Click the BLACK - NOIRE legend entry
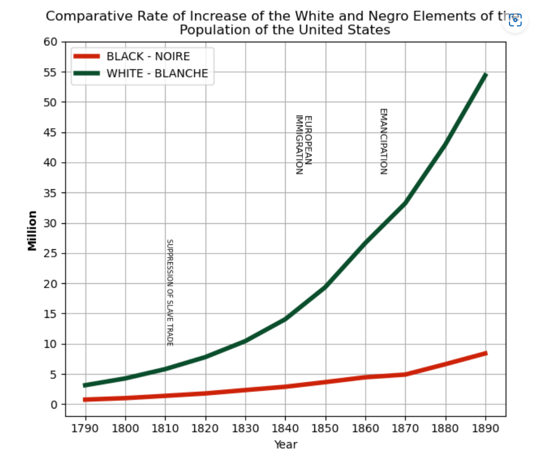pyautogui.click(x=148, y=56)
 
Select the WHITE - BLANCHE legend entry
pyautogui.click(x=157, y=74)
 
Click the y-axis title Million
pyautogui.click(x=32, y=230)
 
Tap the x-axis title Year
pyautogui.click(x=285, y=445)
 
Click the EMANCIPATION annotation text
pyautogui.click(x=383, y=142)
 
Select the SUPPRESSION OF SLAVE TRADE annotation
pyautogui.click(x=169, y=292)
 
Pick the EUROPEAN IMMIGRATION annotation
pyautogui.click(x=304, y=144)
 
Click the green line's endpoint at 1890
pyautogui.click(x=485, y=75)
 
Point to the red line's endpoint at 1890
pyautogui.click(x=485, y=353)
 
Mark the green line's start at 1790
pyautogui.click(x=85, y=385)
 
